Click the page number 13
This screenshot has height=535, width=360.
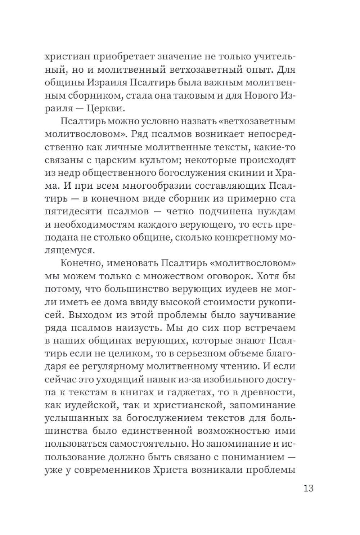click(x=308, y=489)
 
